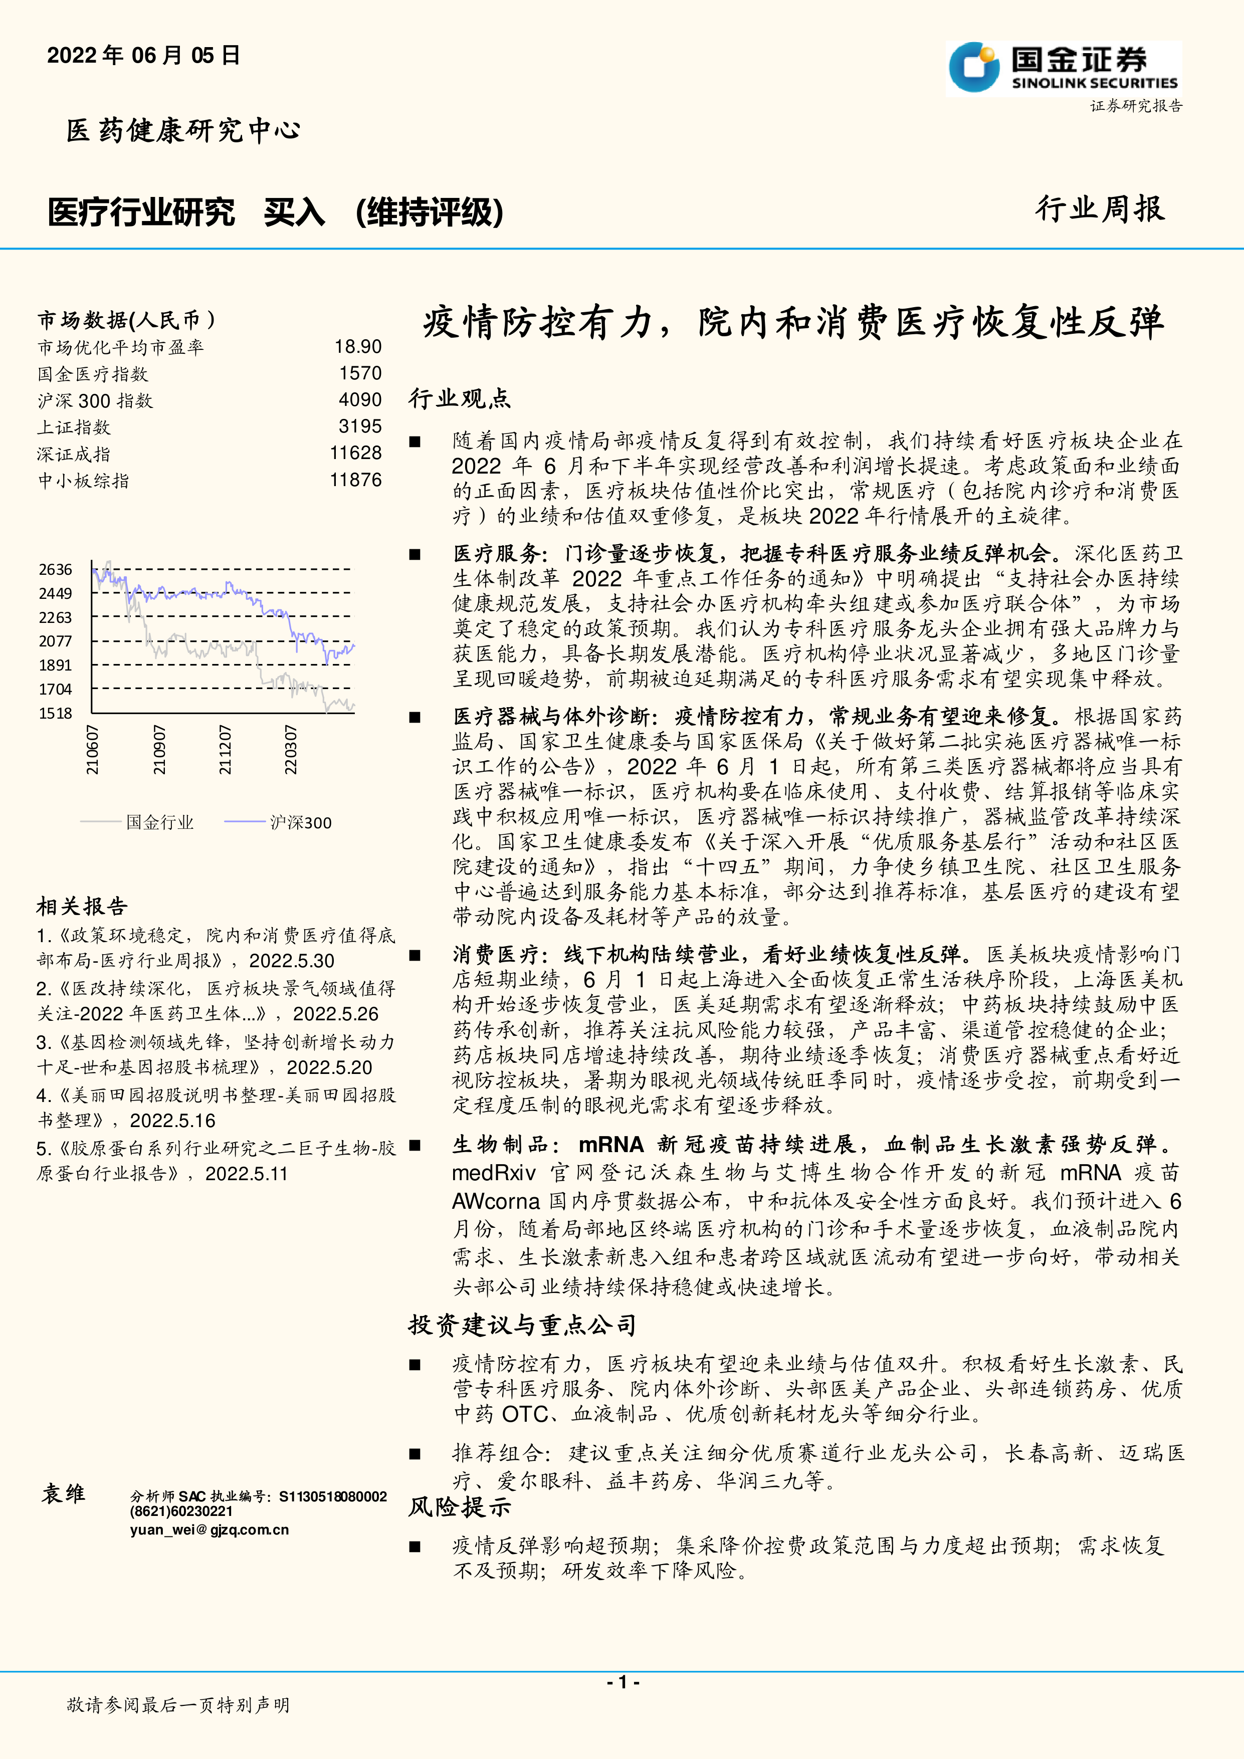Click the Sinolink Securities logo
(x=1063, y=68)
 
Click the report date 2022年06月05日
(x=143, y=55)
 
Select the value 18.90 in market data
(x=358, y=347)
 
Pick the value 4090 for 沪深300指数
(x=360, y=400)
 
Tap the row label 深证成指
(x=74, y=455)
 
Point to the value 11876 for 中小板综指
(x=355, y=481)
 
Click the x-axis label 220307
(x=290, y=750)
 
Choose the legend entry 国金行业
(x=159, y=823)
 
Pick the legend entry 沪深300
(x=300, y=823)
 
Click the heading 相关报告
(x=82, y=907)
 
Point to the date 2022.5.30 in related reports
(x=292, y=961)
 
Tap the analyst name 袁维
(x=64, y=1494)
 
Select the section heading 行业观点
(x=460, y=398)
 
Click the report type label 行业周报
(x=1100, y=209)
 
